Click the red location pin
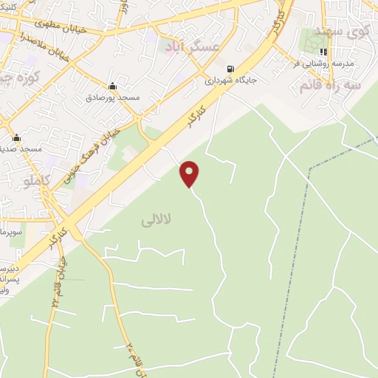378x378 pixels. (x=190, y=173)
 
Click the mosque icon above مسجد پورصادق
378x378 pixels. (x=111, y=86)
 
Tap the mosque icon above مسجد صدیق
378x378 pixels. (x=16, y=138)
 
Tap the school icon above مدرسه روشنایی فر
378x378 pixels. (x=323, y=52)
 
